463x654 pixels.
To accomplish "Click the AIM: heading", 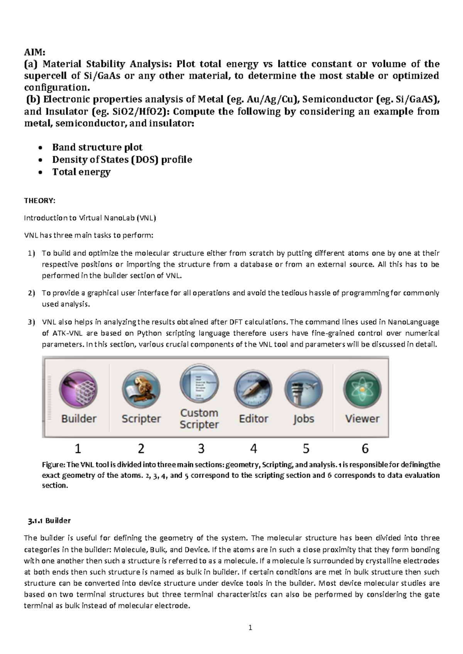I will [x=34, y=53].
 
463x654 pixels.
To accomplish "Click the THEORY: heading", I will [x=40, y=201].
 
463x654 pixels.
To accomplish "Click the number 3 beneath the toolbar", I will [x=201, y=448].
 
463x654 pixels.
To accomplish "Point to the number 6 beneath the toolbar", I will [x=365, y=448].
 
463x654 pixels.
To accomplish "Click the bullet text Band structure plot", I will [x=97, y=147].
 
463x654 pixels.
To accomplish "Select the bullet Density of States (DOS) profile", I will [x=122, y=160].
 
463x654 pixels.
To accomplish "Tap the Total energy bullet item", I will [x=81, y=172].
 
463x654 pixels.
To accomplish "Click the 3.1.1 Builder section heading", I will [x=49, y=521].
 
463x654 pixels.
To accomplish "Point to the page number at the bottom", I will [x=250, y=627].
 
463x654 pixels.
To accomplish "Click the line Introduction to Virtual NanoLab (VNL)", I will [x=90, y=218].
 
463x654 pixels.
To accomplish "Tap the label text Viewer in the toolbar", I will [x=362, y=419].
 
